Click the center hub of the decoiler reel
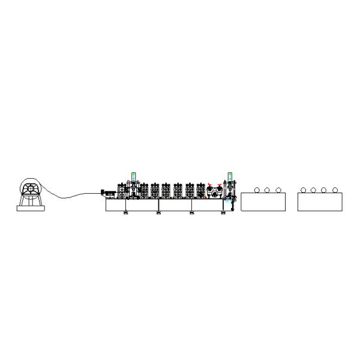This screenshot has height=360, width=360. [x=28, y=189]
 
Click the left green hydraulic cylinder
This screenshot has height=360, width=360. [x=133, y=176]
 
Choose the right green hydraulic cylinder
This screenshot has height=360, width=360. [x=229, y=176]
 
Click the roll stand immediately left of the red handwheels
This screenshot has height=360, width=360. [x=200, y=191]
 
